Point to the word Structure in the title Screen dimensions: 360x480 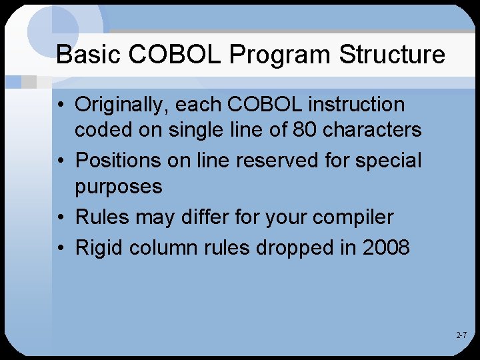pyautogui.click(x=392, y=55)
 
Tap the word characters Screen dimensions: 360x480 pyautogui.click(x=373, y=129)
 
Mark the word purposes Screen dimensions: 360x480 pyautogui.click(x=119, y=187)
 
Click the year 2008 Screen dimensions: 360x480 pyautogui.click(x=387, y=248)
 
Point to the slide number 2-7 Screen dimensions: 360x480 pyautogui.click(x=461, y=335)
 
